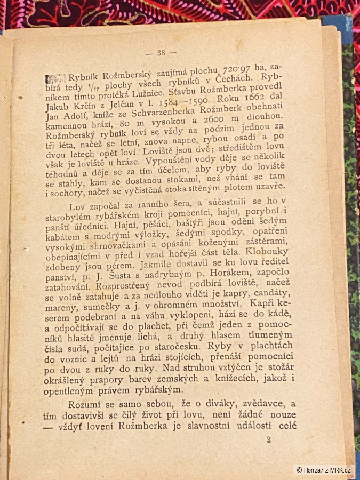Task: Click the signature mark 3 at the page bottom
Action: coord(269,440)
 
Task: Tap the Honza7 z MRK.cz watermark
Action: coord(324,470)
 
